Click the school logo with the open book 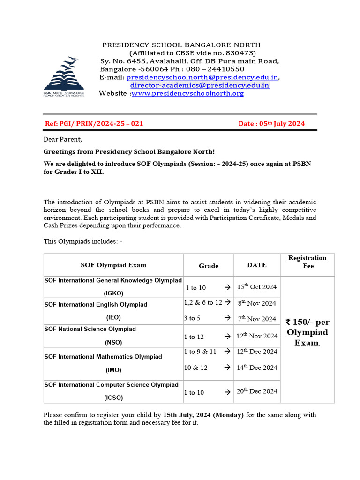pyautogui.click(x=64, y=76)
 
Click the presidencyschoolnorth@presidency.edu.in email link pyautogui.click(x=202, y=77)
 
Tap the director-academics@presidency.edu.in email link pyautogui.click(x=200, y=85)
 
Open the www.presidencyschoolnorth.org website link pyautogui.click(x=187, y=93)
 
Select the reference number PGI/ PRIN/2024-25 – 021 pyautogui.click(x=94, y=124)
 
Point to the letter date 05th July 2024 pyautogui.click(x=271, y=124)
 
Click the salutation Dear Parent pyautogui.click(x=63, y=139)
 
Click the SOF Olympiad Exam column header pyautogui.click(x=113, y=265)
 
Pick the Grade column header pyautogui.click(x=209, y=266)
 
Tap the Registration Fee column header pyautogui.click(x=307, y=262)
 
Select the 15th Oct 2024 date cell pyautogui.click(x=257, y=287)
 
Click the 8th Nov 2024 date pyautogui.click(x=257, y=303)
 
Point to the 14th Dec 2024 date pyautogui.click(x=257, y=367)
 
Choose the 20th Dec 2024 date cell pyautogui.click(x=257, y=391)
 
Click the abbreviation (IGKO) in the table pyautogui.click(x=113, y=293)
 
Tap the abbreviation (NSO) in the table pyautogui.click(x=113, y=342)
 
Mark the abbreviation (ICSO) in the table pyautogui.click(x=113, y=398)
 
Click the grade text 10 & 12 pyautogui.click(x=196, y=367)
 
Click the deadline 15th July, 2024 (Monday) pyautogui.click(x=203, y=415)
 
